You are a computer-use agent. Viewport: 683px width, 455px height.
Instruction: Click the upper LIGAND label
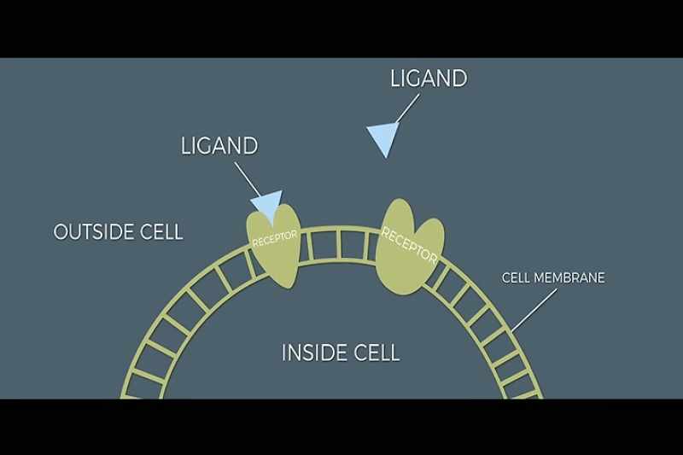tap(429, 79)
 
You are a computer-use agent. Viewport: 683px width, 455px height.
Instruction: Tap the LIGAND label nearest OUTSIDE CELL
tap(219, 146)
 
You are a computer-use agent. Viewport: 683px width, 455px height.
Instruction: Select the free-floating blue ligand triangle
tap(383, 138)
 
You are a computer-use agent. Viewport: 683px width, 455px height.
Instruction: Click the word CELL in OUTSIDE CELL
tap(161, 231)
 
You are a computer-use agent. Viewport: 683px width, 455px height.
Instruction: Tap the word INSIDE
tap(311, 353)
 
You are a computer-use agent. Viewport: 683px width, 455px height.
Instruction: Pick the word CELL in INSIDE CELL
tap(377, 353)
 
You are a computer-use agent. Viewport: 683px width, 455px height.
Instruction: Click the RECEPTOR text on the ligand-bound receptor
tap(275, 239)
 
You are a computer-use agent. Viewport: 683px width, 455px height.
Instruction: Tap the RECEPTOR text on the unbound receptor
tap(409, 246)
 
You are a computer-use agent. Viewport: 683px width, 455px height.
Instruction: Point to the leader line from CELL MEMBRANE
tap(534, 310)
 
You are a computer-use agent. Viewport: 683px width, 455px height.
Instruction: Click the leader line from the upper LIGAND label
tap(407, 108)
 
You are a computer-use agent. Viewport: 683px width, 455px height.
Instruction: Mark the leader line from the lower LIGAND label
tap(248, 179)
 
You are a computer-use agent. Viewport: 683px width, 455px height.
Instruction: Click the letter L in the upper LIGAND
tap(394, 79)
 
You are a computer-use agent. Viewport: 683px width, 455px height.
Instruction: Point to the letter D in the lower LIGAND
tap(250, 146)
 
